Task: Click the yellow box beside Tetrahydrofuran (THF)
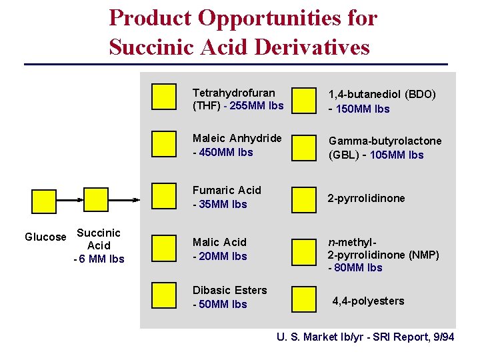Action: tap(163, 97)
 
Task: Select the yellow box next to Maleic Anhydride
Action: tap(163, 143)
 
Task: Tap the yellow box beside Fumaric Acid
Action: tap(163, 195)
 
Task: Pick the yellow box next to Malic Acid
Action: tap(163, 247)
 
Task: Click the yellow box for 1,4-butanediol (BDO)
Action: tap(305, 101)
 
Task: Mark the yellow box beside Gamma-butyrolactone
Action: tap(305, 147)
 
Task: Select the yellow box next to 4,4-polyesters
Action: tap(305, 299)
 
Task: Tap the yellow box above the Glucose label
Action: tap(45, 201)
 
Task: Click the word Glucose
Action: tap(45, 237)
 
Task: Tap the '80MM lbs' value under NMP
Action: tap(357, 267)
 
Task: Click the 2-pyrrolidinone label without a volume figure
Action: tap(366, 198)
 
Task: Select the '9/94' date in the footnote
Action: tap(442, 337)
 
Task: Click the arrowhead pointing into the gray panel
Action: tap(136, 199)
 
